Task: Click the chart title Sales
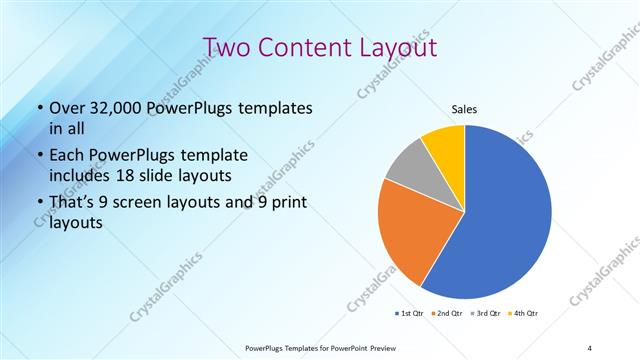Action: [465, 108]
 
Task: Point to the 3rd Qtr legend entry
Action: [486, 314]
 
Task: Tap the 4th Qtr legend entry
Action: [523, 314]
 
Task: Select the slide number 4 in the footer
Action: [590, 347]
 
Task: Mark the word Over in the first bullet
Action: [67, 108]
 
